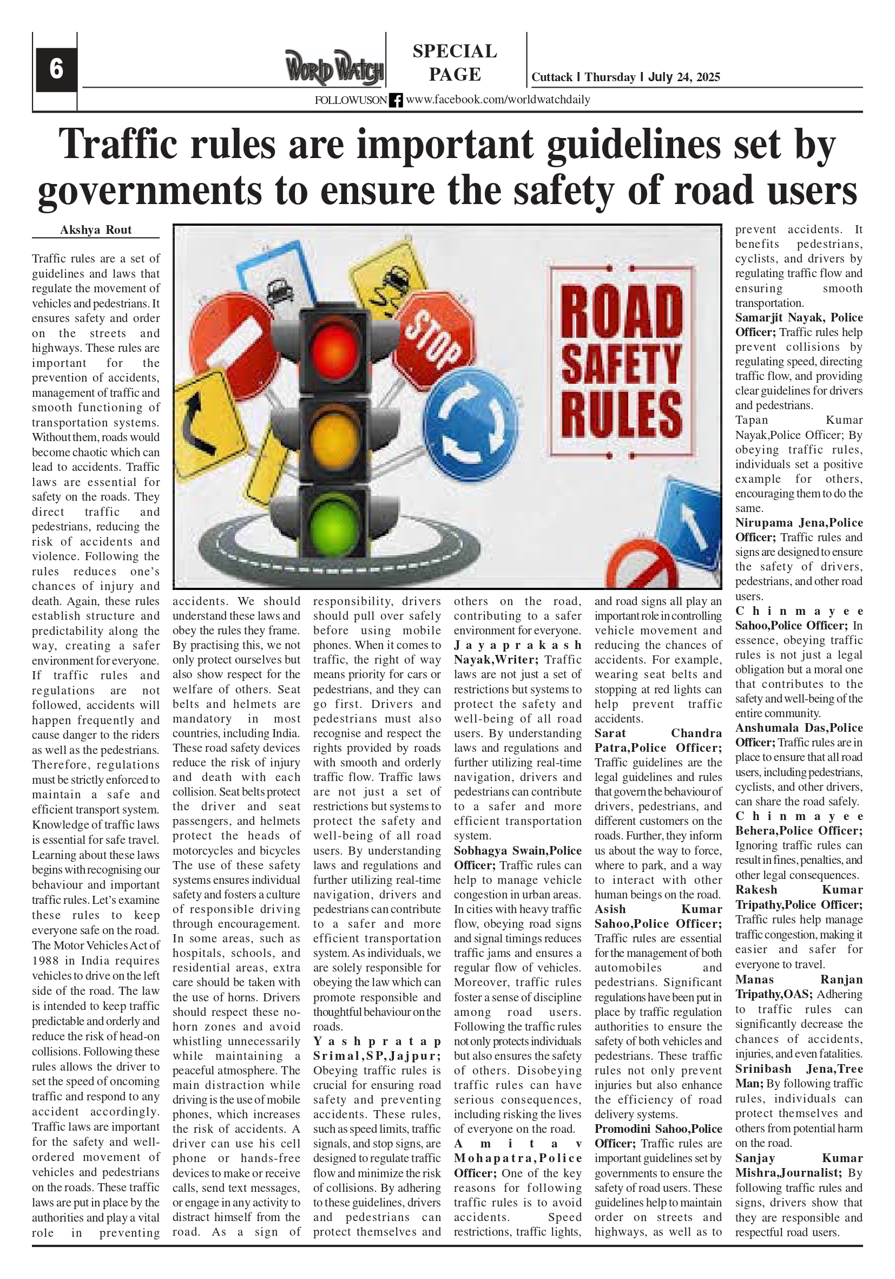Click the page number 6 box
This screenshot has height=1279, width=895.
[x=56, y=69]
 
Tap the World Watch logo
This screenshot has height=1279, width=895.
[x=334, y=68]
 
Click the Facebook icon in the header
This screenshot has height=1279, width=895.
[x=396, y=100]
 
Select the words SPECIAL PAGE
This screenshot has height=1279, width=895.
[x=455, y=62]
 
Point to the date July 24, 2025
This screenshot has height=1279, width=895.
[x=684, y=77]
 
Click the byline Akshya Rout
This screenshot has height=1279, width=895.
[x=96, y=230]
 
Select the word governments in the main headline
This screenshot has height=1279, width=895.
[x=149, y=191]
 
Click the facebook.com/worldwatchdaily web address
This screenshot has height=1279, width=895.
[x=498, y=100]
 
